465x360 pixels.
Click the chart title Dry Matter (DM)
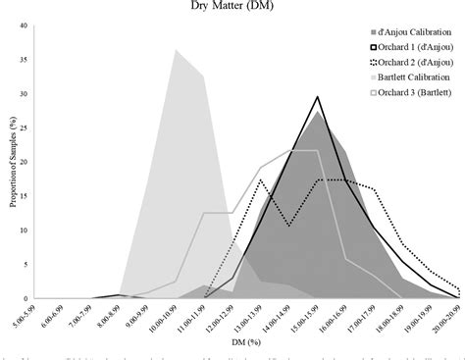[232, 8]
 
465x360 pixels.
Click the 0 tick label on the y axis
[26, 298]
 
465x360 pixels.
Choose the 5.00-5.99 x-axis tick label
[36, 318]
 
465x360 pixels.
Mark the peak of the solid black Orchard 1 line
[318, 96]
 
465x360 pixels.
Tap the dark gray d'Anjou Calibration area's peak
[318, 110]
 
